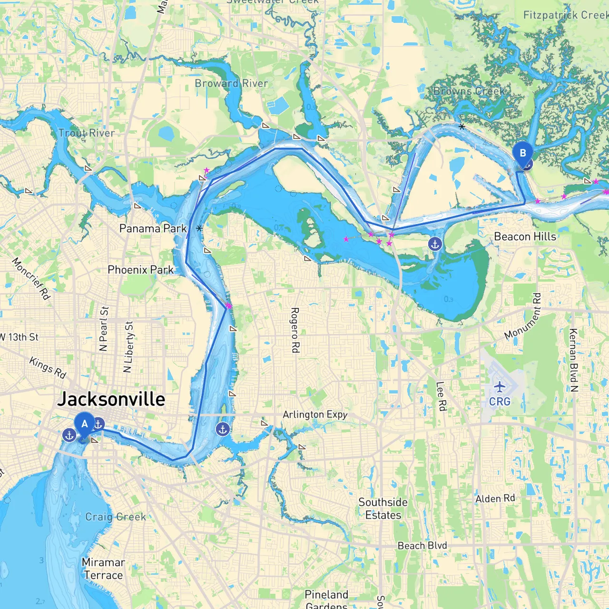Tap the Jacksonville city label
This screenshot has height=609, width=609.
(111, 399)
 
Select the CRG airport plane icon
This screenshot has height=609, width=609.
(499, 386)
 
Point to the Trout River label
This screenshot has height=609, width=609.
(86, 133)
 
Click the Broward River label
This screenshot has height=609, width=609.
(231, 84)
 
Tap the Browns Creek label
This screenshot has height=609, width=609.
(469, 91)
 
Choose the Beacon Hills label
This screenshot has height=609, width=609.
(525, 236)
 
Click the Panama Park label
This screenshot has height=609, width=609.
(153, 228)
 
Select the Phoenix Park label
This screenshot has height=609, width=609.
(140, 270)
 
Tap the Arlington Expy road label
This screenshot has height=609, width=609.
(315, 414)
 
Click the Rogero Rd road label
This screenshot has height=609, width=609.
(295, 330)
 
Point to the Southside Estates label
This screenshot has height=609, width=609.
(383, 509)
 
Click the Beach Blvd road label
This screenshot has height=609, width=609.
(422, 546)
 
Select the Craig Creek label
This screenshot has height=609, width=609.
(116, 517)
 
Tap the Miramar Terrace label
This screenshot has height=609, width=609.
(103, 569)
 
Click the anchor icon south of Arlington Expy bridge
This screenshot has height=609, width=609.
(223, 429)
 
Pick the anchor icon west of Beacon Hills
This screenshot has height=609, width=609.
(435, 244)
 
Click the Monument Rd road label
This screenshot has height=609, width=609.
(523, 316)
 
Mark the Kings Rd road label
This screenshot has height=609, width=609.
(48, 367)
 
